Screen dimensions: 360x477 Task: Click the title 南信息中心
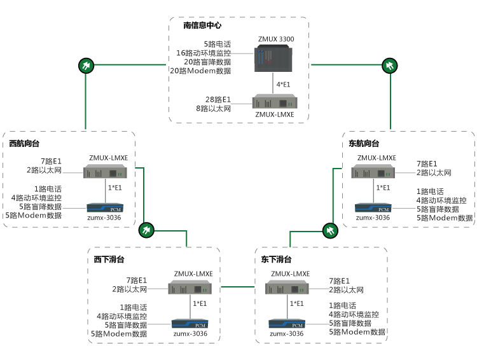coord(202,26)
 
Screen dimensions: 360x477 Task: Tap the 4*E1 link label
coord(283,85)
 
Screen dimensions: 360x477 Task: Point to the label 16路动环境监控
coord(204,53)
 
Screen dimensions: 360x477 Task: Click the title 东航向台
coord(364,144)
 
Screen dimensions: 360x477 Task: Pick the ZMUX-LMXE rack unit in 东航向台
coord(376,172)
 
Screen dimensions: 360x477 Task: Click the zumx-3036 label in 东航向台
coord(373,218)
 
